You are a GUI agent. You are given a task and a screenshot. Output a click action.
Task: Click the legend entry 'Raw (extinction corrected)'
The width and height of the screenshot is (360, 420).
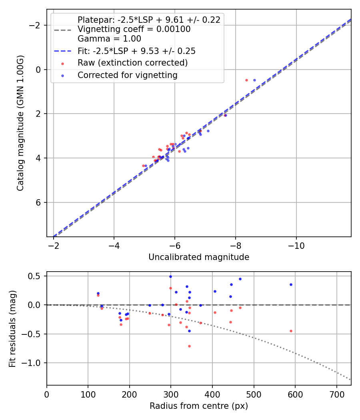pyautogui.click(x=132, y=63)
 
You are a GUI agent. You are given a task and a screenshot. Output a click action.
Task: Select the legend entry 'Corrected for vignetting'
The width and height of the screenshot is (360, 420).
pyautogui.click(x=127, y=75)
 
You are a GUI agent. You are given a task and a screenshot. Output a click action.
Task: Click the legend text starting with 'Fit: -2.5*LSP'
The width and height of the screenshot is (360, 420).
pyautogui.click(x=136, y=51)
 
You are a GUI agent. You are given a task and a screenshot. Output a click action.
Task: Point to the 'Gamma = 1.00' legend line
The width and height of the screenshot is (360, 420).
pyautogui.click(x=109, y=39)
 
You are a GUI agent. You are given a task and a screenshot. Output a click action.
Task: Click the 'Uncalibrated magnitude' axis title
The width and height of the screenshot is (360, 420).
pyautogui.click(x=199, y=257)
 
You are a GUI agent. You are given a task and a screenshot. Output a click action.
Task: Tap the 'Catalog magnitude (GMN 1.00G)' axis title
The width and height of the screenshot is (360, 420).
pyautogui.click(x=20, y=123)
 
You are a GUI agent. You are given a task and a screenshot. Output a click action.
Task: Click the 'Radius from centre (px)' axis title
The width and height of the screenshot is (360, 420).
pyautogui.click(x=199, y=406)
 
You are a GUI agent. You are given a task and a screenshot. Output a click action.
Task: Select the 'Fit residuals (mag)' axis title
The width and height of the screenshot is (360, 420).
pyautogui.click(x=12, y=328)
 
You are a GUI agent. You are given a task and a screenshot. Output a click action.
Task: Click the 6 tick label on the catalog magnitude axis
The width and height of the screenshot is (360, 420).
pyautogui.click(x=38, y=202)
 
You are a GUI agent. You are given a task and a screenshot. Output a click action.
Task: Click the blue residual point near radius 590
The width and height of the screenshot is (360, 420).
pyautogui.click(x=291, y=284)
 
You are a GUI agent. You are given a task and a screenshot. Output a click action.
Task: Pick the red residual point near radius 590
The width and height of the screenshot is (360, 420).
pyautogui.click(x=291, y=331)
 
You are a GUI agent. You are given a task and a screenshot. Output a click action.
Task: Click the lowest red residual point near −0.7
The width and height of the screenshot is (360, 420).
pyautogui.click(x=189, y=346)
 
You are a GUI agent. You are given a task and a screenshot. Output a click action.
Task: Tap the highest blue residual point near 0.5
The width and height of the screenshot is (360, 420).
pyautogui.click(x=170, y=276)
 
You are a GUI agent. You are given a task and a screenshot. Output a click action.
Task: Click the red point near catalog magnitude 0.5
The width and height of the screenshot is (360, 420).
pyautogui.click(x=246, y=80)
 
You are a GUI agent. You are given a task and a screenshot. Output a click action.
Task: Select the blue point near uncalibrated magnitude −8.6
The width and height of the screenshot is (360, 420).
pyautogui.click(x=254, y=80)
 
